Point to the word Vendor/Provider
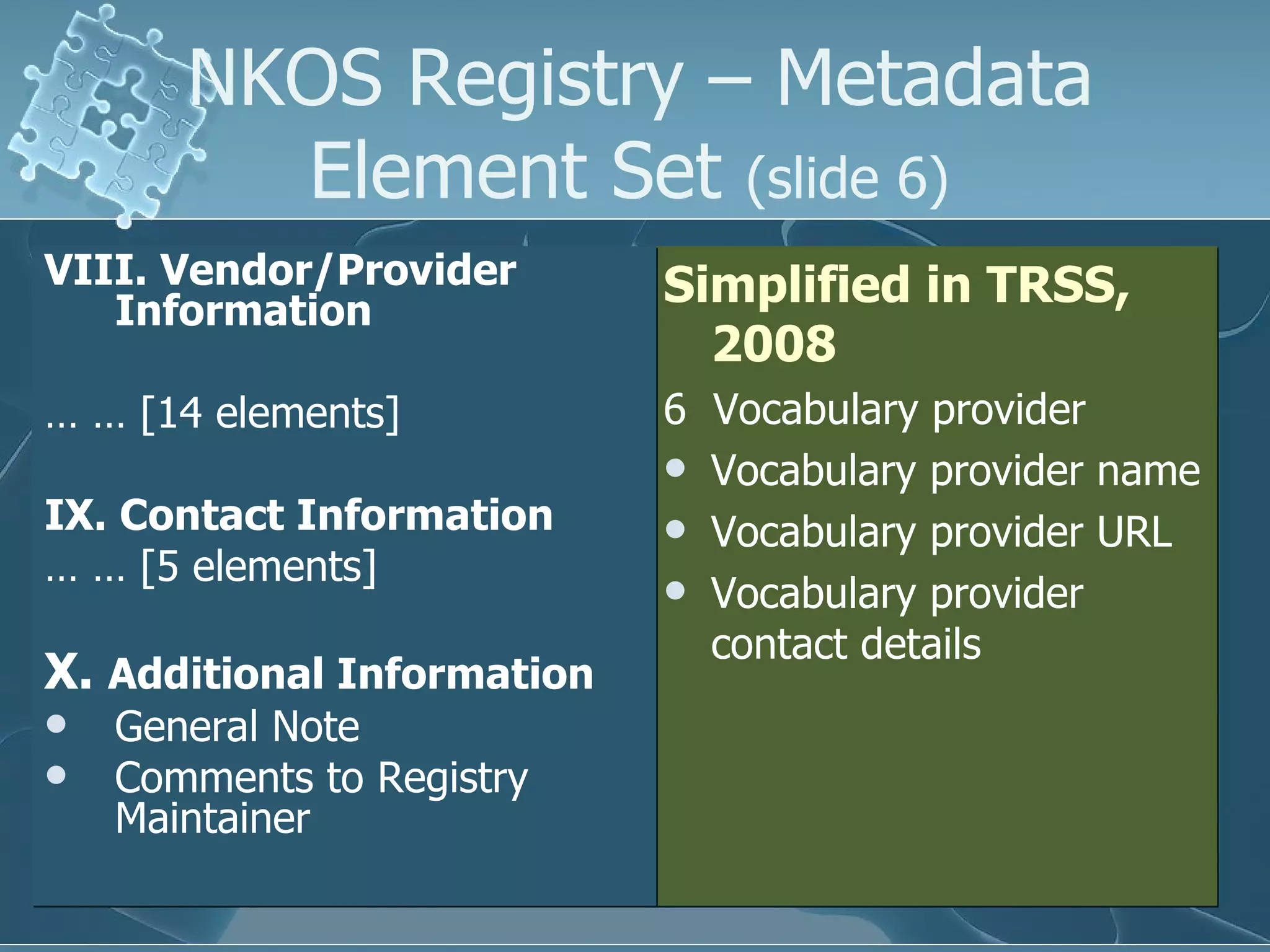(338, 270)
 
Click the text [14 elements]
(270, 413)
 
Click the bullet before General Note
(56, 725)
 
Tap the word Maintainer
(212, 819)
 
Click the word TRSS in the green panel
(1057, 284)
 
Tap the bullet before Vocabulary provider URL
(675, 529)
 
